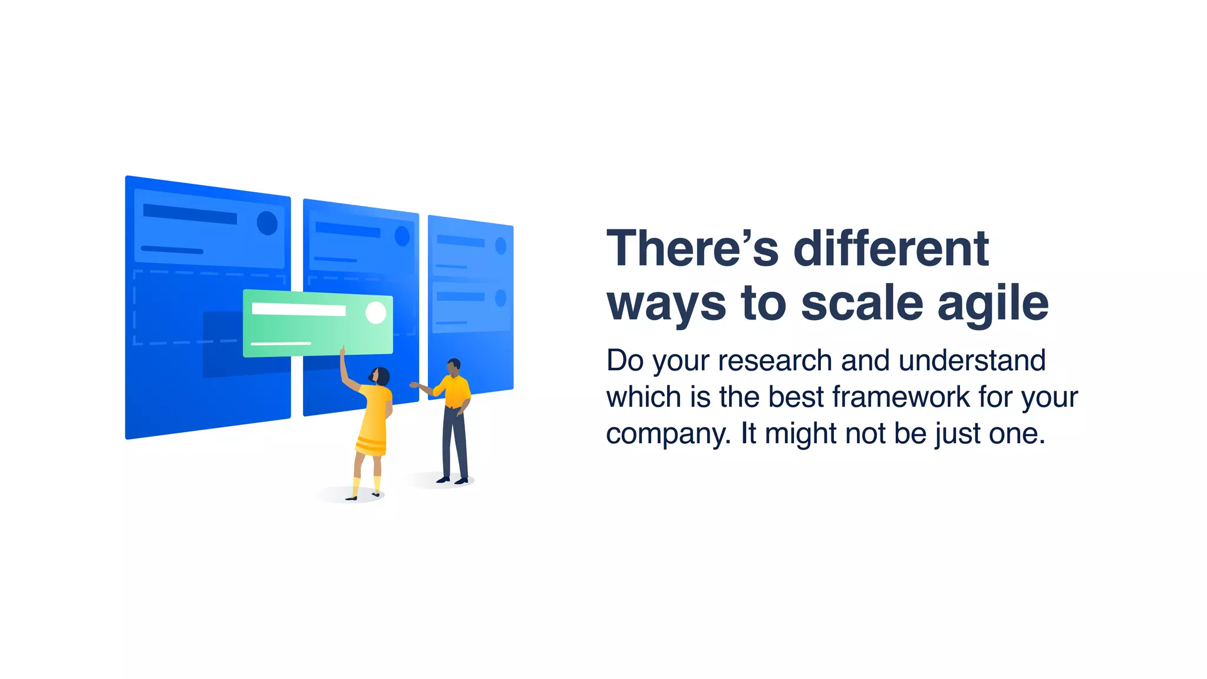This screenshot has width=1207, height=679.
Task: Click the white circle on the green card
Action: click(x=375, y=312)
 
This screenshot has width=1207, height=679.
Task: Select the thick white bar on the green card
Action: click(x=298, y=309)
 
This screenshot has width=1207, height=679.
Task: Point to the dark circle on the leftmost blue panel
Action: click(x=267, y=223)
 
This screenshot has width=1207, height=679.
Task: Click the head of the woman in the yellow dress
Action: click(x=380, y=376)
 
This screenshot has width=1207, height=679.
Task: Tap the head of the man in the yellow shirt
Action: click(x=453, y=367)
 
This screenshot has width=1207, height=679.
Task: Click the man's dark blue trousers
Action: click(x=454, y=442)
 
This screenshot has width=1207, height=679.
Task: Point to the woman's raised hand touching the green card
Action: click(x=342, y=352)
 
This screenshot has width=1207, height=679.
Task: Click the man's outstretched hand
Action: click(x=414, y=385)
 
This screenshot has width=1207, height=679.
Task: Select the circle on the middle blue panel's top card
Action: click(x=402, y=236)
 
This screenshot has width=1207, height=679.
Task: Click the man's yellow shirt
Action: click(x=454, y=391)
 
